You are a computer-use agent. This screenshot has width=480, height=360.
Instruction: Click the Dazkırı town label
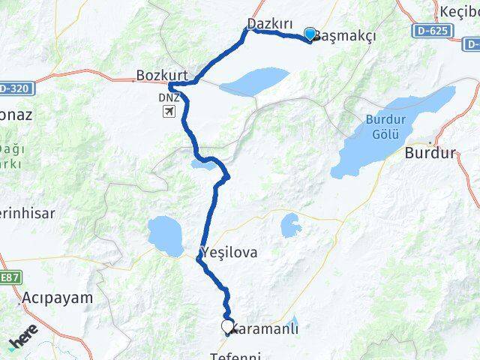coord(269,24)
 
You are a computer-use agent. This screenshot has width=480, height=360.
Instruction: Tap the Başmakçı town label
coord(344,35)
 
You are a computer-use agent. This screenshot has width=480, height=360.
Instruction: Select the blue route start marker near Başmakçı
coord(310,34)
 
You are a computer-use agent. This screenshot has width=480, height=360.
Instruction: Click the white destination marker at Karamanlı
coord(227,326)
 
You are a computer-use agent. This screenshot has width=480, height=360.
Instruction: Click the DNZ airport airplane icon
coord(169,112)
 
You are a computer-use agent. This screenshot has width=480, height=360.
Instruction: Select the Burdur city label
coord(430,154)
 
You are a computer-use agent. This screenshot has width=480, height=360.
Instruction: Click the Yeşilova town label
coord(229,253)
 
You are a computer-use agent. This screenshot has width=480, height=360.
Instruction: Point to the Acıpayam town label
coord(58,297)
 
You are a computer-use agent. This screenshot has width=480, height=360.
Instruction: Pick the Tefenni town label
coord(240,355)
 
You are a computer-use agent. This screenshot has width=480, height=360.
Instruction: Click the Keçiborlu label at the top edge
coord(458,11)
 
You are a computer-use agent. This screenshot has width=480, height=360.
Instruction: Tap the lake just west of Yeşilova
coord(165,235)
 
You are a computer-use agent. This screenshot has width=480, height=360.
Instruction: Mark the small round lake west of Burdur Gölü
coord(292,223)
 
